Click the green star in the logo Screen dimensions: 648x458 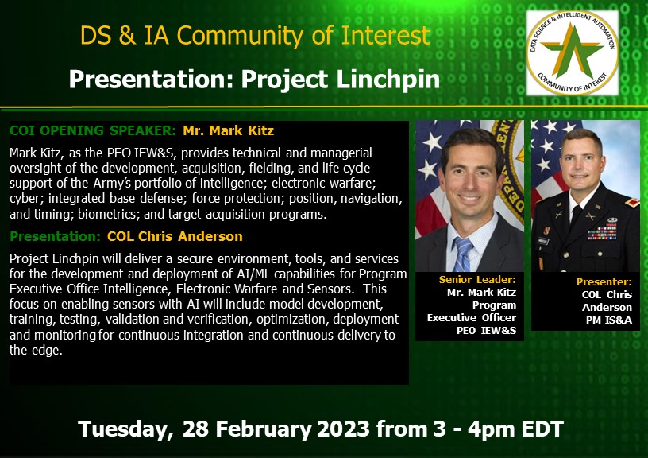pos(572,52)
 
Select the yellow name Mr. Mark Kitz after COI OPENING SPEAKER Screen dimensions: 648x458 pos(228,130)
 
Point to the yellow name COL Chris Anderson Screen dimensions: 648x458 pos(175,236)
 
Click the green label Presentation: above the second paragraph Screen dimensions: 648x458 pos(55,236)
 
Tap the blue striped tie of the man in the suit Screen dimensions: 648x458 pos(463,254)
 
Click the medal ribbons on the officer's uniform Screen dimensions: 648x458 pos(603,231)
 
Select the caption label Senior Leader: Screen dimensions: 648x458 pos(477,280)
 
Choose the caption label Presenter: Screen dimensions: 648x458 pos(604,281)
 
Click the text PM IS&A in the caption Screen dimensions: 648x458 pos(609,320)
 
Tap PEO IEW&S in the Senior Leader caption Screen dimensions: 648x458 pos(487,330)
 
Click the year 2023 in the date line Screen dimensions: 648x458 pos(342,429)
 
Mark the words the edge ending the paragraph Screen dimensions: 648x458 pos(36,350)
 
